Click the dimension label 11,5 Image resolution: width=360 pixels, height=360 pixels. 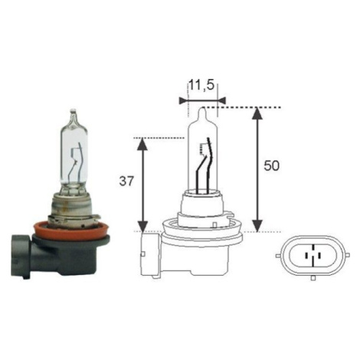[201, 85]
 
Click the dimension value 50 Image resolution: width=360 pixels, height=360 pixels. [272, 166]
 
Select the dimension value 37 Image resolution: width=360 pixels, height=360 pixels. [126, 181]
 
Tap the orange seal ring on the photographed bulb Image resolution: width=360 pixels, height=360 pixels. [70, 231]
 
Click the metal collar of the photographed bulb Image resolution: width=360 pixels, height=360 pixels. [73, 207]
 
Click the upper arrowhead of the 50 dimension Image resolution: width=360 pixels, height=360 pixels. [257, 113]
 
